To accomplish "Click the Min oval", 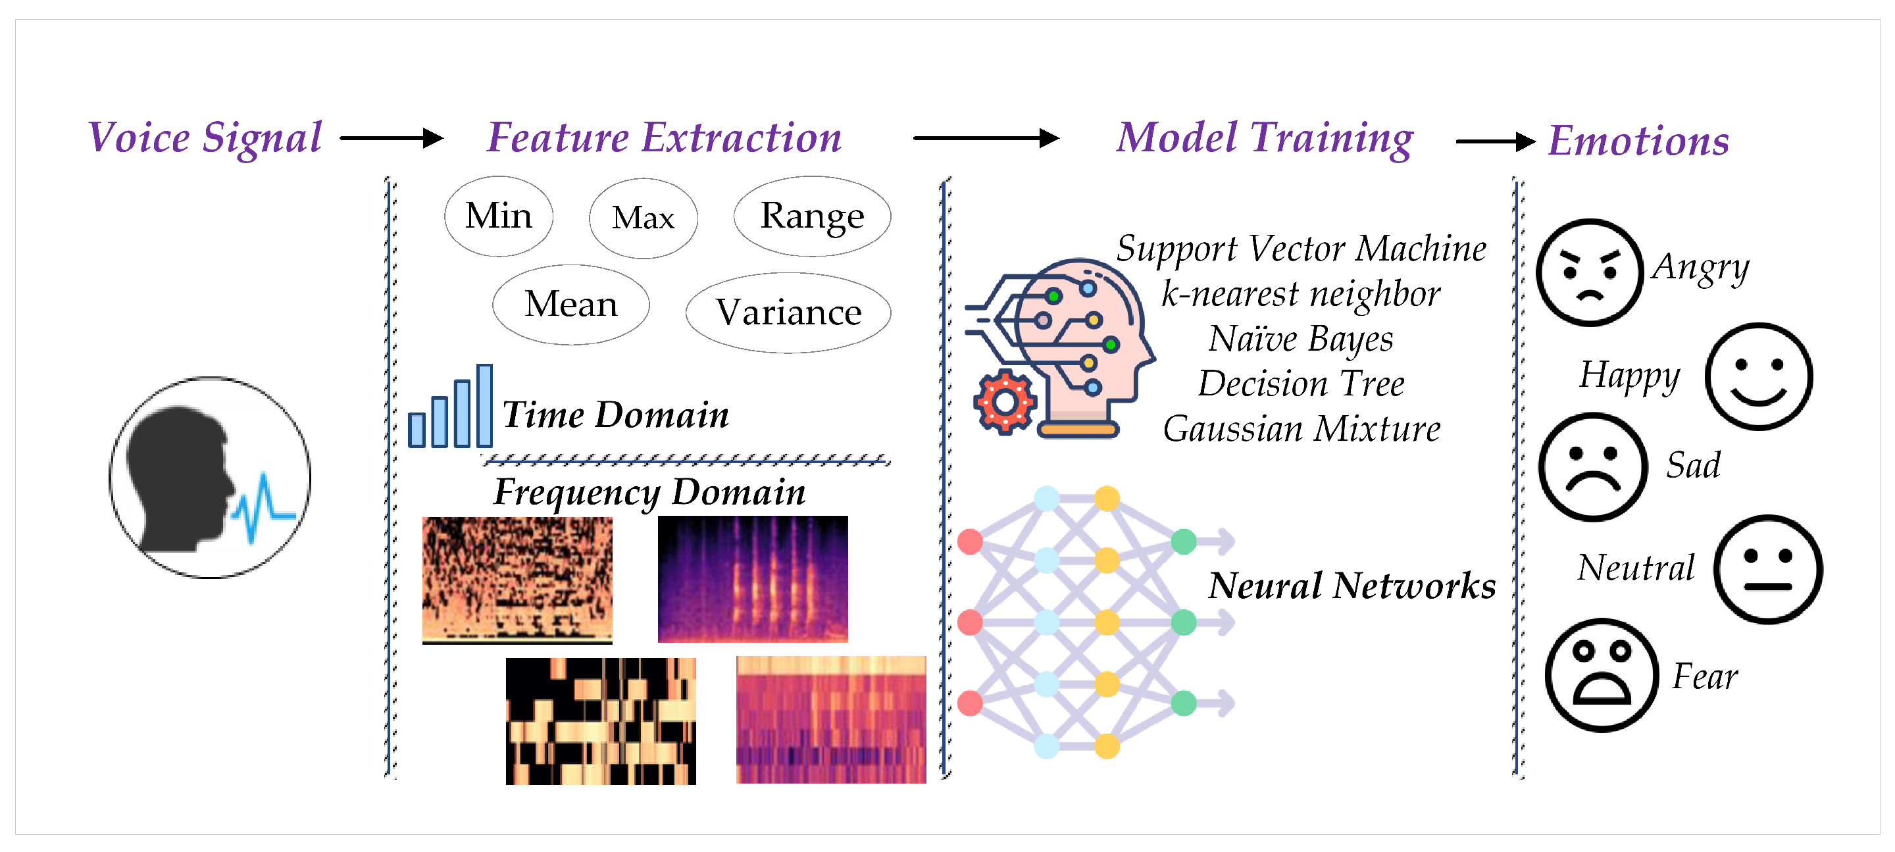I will [499, 216].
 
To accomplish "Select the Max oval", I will [643, 218].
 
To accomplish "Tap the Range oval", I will [812, 216].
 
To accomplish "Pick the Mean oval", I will [571, 305].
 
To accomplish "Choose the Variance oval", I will [788, 313].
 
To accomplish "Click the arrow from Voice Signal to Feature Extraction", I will [392, 138].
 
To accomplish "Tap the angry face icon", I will [1589, 272].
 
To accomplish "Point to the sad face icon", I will [1592, 466].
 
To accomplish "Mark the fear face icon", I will [1602, 674].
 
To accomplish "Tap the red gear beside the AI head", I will [1005, 403].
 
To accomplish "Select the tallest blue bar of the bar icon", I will [484, 405].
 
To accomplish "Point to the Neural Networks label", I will [1352, 586].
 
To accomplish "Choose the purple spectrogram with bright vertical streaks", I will [753, 579].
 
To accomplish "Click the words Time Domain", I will [615, 415].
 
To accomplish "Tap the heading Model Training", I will [1265, 138].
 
